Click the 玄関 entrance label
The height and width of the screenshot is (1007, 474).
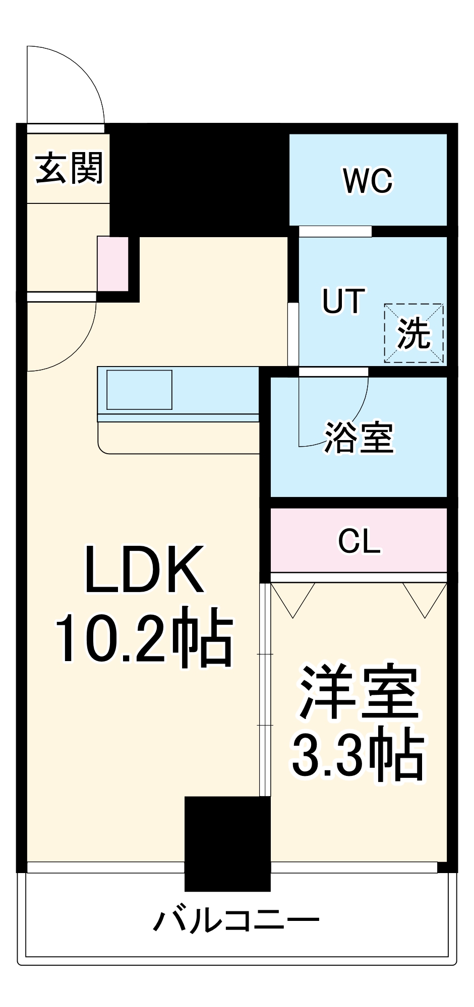[x=69, y=168]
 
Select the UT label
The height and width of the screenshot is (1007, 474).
[x=343, y=301]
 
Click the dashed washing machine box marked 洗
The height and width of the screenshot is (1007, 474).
[x=414, y=333]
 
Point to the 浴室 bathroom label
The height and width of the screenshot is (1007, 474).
[x=359, y=437]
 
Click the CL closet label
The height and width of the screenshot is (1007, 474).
[x=359, y=541]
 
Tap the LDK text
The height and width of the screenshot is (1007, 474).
[x=145, y=570]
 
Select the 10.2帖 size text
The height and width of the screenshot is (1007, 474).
[x=144, y=637]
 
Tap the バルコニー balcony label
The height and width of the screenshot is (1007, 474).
[x=236, y=921]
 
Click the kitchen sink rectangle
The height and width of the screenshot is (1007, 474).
[x=139, y=390]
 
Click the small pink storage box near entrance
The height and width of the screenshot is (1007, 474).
[x=112, y=263]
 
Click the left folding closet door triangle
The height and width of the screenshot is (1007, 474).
[x=293, y=597]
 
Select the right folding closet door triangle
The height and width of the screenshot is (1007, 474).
[x=425, y=597]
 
